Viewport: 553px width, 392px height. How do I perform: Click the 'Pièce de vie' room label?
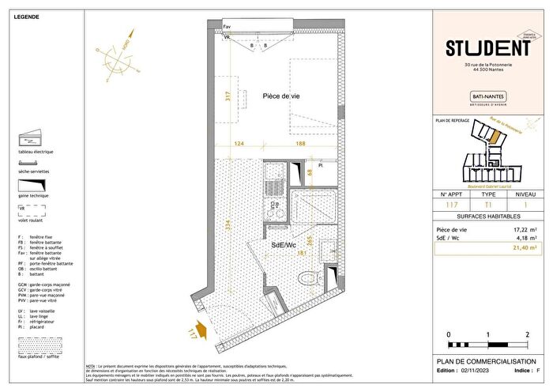(x=281, y=96)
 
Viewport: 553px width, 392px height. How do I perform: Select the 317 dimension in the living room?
(x=228, y=97)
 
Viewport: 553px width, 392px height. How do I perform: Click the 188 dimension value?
(x=301, y=143)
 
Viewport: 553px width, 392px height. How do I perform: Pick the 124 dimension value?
(x=239, y=143)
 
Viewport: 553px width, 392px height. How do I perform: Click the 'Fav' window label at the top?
(x=228, y=26)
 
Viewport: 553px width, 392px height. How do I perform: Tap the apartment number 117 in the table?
(x=450, y=205)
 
